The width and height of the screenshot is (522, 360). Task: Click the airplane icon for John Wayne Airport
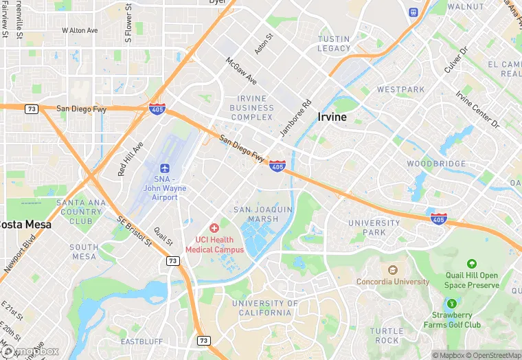point(164,168)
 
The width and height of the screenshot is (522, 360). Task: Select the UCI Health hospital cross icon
point(214,227)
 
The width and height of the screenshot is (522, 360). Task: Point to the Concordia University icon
point(393,270)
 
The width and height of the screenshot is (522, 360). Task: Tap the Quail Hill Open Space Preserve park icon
point(471,264)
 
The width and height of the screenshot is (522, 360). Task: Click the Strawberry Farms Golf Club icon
point(451,303)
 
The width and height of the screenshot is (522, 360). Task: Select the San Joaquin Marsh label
point(263,214)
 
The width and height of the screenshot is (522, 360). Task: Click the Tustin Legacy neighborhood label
point(334,44)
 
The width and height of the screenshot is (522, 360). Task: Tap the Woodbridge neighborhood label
point(437,164)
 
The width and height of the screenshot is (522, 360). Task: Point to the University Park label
point(374,227)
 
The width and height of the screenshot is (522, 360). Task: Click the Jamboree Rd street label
point(296,117)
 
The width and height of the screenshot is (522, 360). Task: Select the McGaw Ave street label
point(241,71)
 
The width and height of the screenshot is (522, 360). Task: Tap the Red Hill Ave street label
point(130,159)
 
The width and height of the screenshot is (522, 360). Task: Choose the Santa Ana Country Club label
point(80,212)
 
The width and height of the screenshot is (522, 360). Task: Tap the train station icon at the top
point(413,12)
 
